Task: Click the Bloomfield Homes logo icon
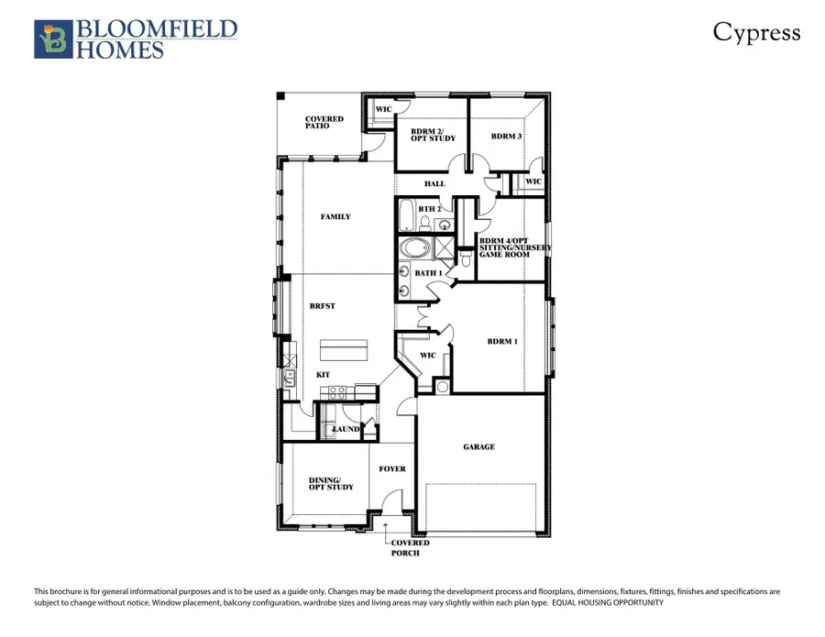click(51, 39)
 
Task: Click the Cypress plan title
click(756, 33)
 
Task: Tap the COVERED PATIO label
click(324, 122)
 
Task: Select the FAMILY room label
click(335, 217)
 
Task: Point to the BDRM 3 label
click(506, 137)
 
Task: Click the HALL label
click(434, 184)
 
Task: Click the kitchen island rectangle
click(344, 350)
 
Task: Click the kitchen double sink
click(290, 374)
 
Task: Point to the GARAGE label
click(478, 447)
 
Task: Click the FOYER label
click(392, 469)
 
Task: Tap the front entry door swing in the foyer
click(393, 503)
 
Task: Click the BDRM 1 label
click(502, 342)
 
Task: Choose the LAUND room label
click(345, 428)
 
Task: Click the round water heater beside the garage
click(442, 387)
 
